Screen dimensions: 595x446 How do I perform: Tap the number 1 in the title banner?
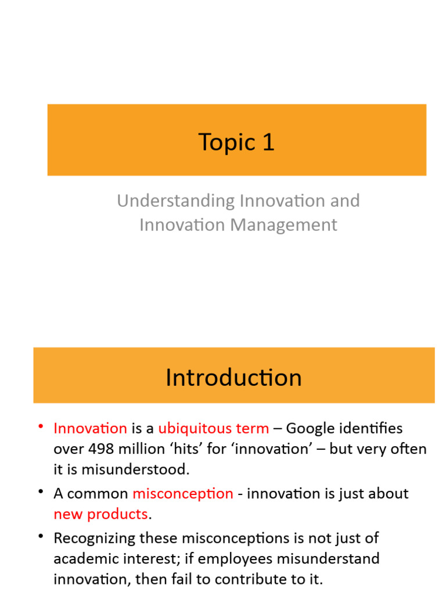[268, 142]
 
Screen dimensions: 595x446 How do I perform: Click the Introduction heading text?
[233, 378]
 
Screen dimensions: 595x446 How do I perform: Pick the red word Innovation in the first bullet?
[90, 429]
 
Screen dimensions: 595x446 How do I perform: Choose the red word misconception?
[183, 494]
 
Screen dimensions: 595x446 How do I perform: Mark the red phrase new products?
[100, 514]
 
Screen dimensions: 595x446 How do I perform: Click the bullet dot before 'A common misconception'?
[41, 493]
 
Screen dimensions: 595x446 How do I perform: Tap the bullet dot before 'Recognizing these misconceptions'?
[41, 537]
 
